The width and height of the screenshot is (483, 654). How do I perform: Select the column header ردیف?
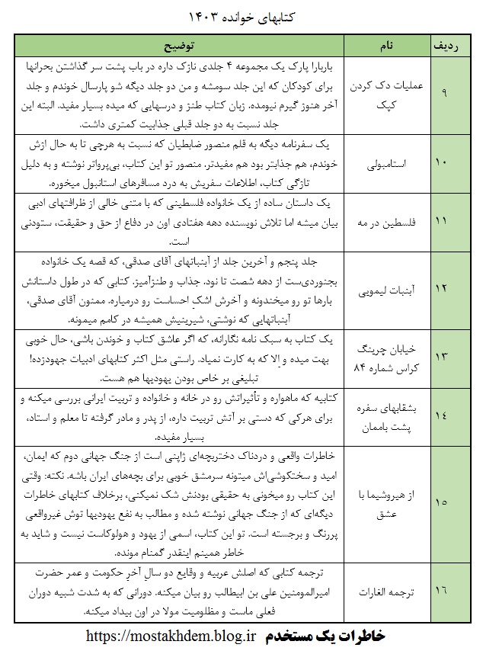[447, 45]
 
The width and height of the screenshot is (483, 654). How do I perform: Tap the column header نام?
[386, 45]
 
